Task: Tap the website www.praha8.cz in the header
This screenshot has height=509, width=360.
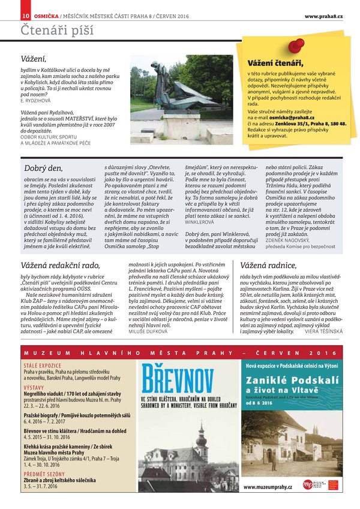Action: point(323,15)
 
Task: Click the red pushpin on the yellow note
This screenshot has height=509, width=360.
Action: point(296,46)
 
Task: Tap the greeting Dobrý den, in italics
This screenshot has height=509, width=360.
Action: point(43,168)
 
